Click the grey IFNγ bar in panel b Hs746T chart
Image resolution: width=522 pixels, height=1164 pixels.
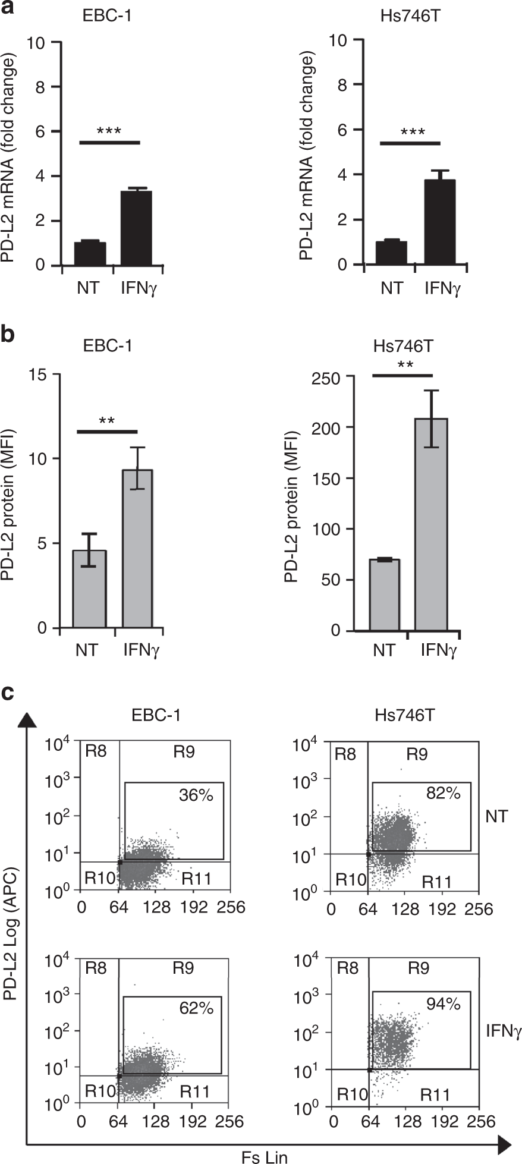click(x=431, y=523)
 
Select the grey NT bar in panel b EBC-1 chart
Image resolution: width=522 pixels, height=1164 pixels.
click(x=90, y=589)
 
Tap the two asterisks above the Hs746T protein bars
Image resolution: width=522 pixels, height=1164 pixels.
click(x=402, y=364)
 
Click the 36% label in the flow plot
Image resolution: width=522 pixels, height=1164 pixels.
click(x=196, y=795)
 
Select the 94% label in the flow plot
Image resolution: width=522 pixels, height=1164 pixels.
click(x=443, y=1004)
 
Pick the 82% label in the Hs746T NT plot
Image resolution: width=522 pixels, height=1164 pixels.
click(x=444, y=792)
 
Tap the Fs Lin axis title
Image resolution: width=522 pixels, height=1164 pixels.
click(x=265, y=1156)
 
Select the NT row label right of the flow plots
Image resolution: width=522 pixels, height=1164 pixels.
click(x=496, y=816)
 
